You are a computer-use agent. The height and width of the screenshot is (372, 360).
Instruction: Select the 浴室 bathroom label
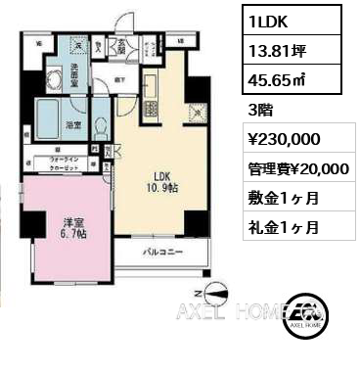pyautogui.click(x=73, y=124)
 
